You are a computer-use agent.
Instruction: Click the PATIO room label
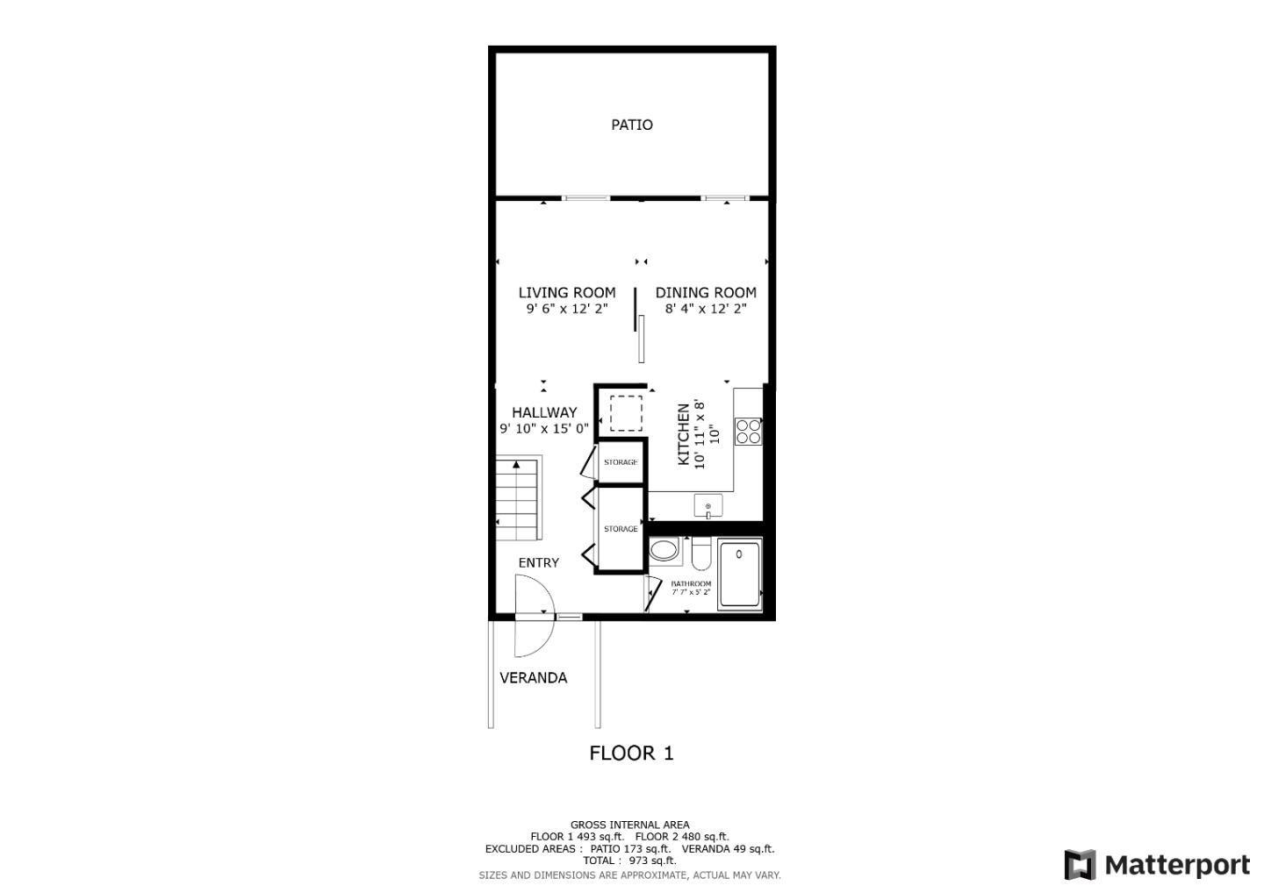631,125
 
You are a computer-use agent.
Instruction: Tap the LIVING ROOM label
566,293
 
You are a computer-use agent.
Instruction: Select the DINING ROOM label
706,293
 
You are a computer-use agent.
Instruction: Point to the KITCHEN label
683,434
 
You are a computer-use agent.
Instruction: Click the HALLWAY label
544,412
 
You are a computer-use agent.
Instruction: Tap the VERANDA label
534,677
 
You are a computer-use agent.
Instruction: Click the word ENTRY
538,562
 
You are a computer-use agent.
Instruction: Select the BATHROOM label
691,583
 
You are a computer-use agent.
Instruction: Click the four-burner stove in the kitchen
748,432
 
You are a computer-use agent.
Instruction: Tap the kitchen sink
707,505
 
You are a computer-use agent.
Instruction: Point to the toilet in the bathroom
701,554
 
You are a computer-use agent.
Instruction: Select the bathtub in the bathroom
739,574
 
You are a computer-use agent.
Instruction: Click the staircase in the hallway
518,499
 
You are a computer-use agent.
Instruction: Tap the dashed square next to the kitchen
626,413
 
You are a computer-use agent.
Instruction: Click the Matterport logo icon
1080,865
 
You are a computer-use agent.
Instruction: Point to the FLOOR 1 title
631,754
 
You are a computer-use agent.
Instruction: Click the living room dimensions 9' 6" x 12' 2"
566,309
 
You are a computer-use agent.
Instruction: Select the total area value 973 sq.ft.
652,861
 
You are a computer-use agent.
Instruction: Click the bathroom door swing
653,593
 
